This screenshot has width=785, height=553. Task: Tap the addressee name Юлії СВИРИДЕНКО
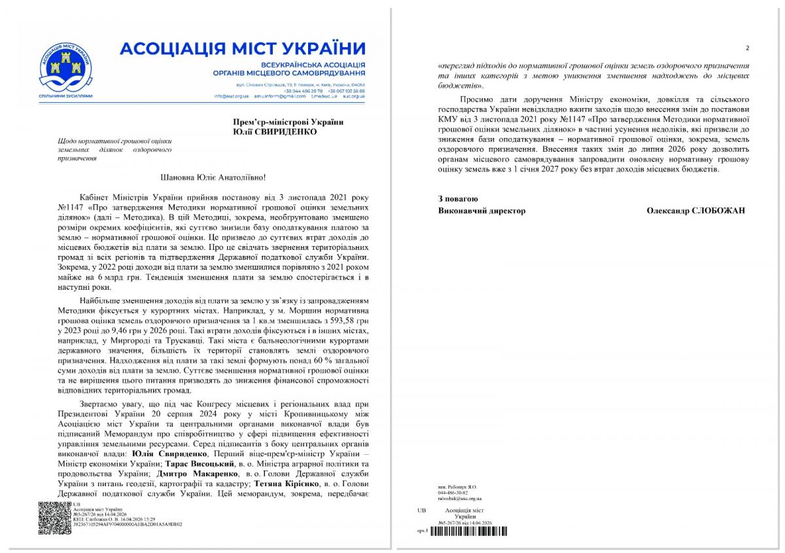coord(275,132)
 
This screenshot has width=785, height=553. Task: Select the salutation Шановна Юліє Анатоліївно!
coord(214,177)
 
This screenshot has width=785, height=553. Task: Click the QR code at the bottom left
coord(54,518)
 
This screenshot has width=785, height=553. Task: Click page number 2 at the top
coord(747,48)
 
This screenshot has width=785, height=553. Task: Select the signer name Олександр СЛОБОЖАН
coord(695,211)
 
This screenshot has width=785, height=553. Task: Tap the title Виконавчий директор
coord(481,211)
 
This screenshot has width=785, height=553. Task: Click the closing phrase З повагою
coord(458,198)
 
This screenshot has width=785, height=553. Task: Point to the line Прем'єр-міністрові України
coord(288,122)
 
